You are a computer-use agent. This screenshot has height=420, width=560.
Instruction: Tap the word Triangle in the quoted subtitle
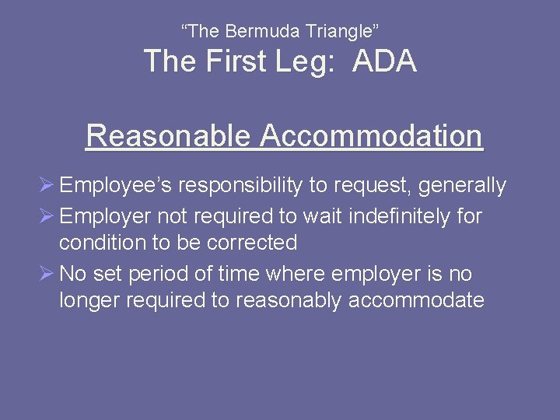click(341, 32)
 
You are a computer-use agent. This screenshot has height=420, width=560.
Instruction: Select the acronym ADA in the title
click(384, 61)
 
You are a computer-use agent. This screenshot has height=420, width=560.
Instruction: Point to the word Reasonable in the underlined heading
click(169, 135)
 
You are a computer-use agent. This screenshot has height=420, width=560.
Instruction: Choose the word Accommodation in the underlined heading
click(372, 135)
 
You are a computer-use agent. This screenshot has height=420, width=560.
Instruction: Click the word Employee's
click(117, 186)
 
